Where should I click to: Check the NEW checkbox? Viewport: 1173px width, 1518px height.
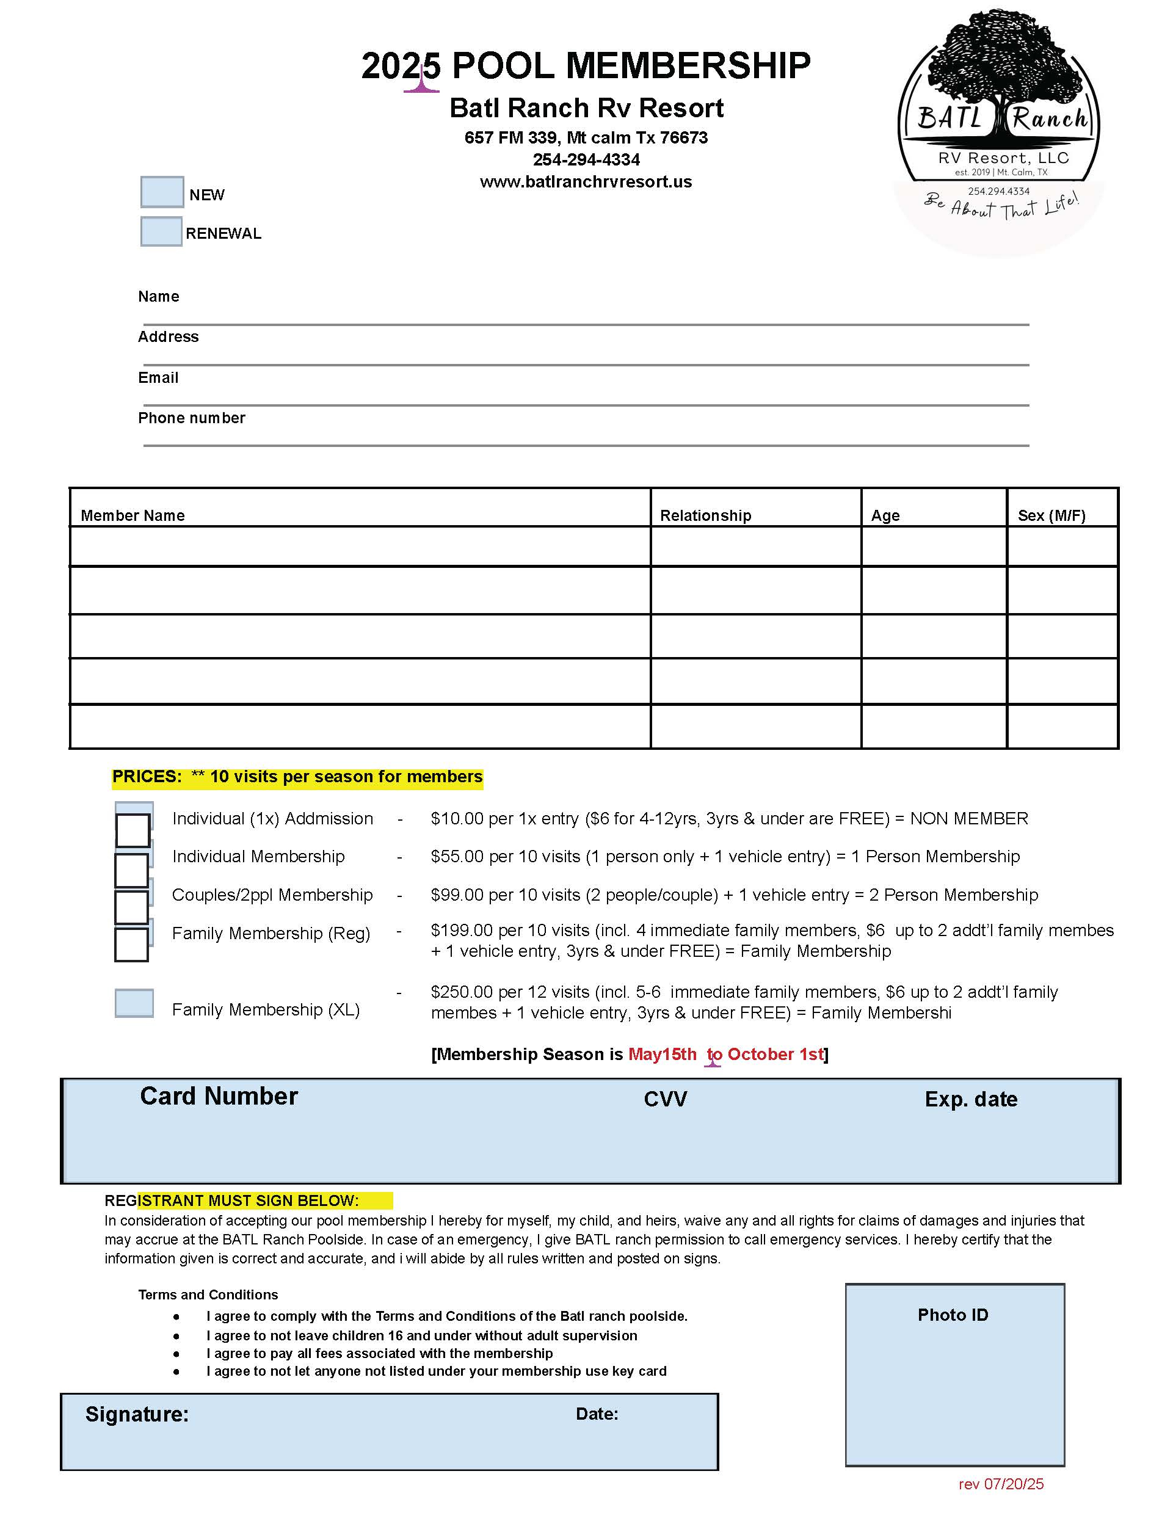[162, 192]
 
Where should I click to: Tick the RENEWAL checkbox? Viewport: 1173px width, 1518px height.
[161, 231]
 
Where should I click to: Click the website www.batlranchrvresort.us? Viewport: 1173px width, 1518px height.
[586, 182]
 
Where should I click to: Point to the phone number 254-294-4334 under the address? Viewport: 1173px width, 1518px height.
[586, 160]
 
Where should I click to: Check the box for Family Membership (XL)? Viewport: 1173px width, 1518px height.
[134, 1003]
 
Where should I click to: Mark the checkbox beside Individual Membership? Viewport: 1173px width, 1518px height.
[132, 870]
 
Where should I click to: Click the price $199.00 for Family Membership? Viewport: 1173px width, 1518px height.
[461, 931]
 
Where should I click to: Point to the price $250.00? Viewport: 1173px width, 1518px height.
[461, 992]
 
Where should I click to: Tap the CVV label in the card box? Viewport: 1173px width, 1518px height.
[665, 1100]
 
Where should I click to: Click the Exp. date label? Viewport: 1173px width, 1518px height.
[971, 1100]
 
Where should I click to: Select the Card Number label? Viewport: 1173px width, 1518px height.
[219, 1097]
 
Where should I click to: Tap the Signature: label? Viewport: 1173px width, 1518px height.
[137, 1414]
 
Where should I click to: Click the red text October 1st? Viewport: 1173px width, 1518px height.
[775, 1055]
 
